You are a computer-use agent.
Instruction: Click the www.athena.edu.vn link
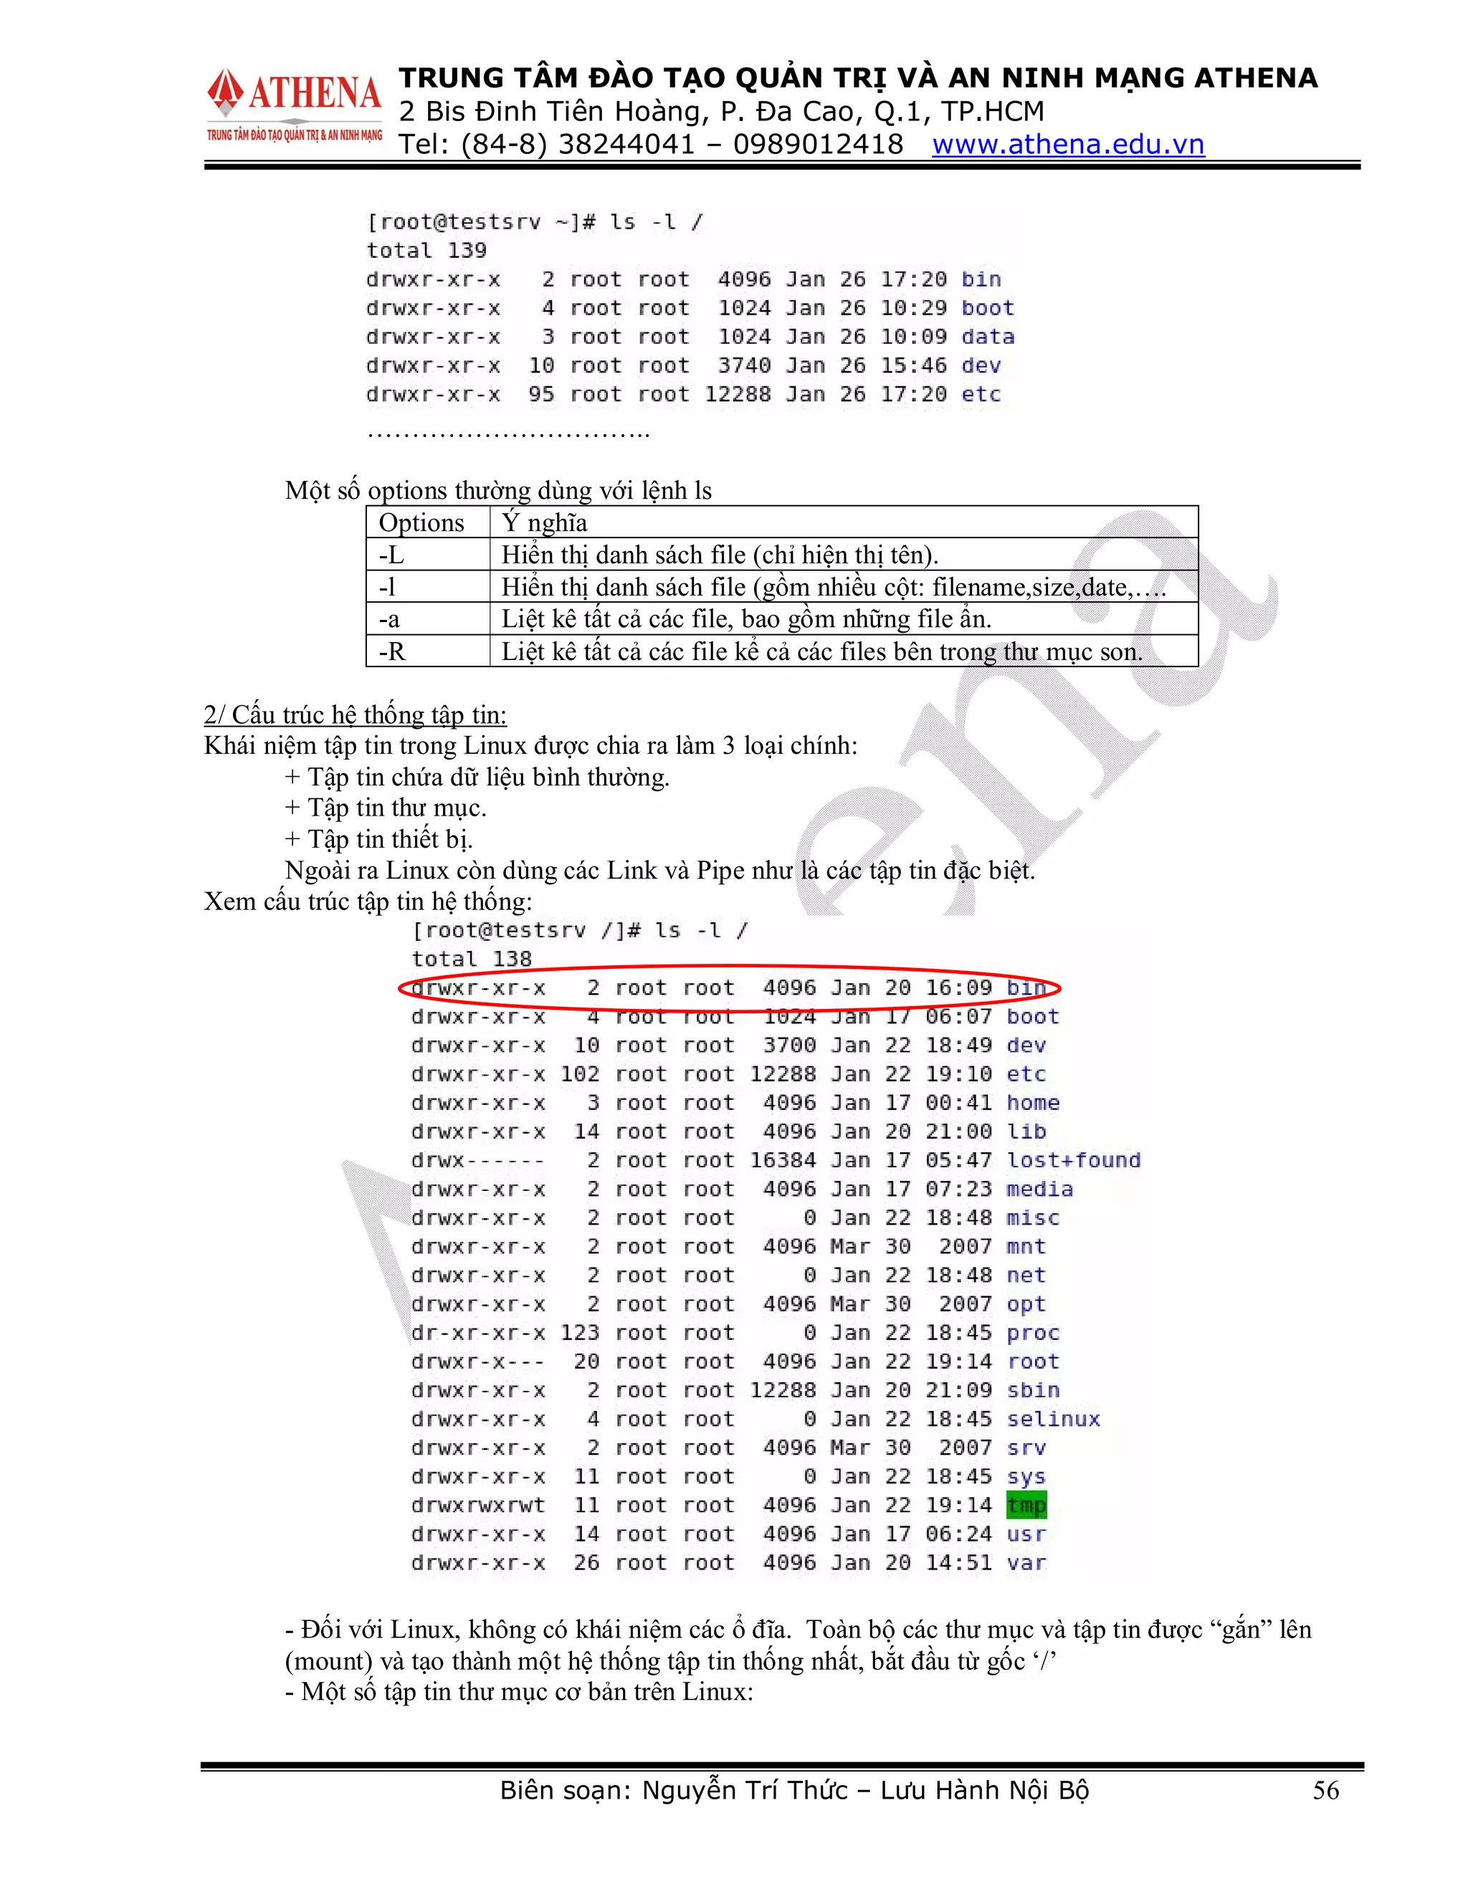point(1068,144)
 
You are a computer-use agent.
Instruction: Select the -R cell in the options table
point(392,651)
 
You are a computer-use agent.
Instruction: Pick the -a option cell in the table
point(390,619)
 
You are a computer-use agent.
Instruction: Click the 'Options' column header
point(421,522)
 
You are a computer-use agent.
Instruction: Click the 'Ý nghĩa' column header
point(545,522)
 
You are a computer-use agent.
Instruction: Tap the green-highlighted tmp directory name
point(1026,1505)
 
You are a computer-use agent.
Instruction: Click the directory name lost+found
point(1073,1160)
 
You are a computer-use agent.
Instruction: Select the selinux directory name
point(1053,1419)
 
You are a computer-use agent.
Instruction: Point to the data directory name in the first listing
point(988,337)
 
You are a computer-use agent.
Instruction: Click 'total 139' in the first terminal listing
point(426,250)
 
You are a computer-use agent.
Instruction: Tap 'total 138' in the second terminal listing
point(472,959)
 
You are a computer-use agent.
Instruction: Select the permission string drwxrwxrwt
point(478,1505)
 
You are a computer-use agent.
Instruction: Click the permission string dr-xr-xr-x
point(478,1333)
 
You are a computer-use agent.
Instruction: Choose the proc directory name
point(1033,1333)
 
